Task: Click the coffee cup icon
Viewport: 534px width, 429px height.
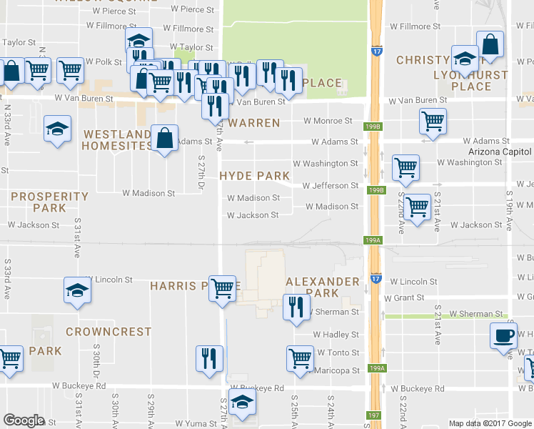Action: click(503, 335)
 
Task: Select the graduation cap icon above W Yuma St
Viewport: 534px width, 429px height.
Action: click(242, 404)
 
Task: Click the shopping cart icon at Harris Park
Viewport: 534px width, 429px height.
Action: click(223, 288)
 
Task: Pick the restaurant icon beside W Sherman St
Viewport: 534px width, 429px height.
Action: click(296, 307)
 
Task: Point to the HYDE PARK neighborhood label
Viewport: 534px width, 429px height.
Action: click(254, 176)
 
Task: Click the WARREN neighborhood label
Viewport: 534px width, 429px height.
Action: click(254, 123)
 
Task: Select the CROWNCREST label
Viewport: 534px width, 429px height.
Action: click(109, 332)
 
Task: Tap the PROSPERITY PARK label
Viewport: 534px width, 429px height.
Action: click(49, 202)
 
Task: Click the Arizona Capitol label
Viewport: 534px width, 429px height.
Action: click(500, 152)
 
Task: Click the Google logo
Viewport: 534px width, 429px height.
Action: click(24, 420)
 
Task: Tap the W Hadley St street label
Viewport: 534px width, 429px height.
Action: click(336, 335)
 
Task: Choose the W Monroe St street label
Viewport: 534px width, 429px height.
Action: click(328, 122)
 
